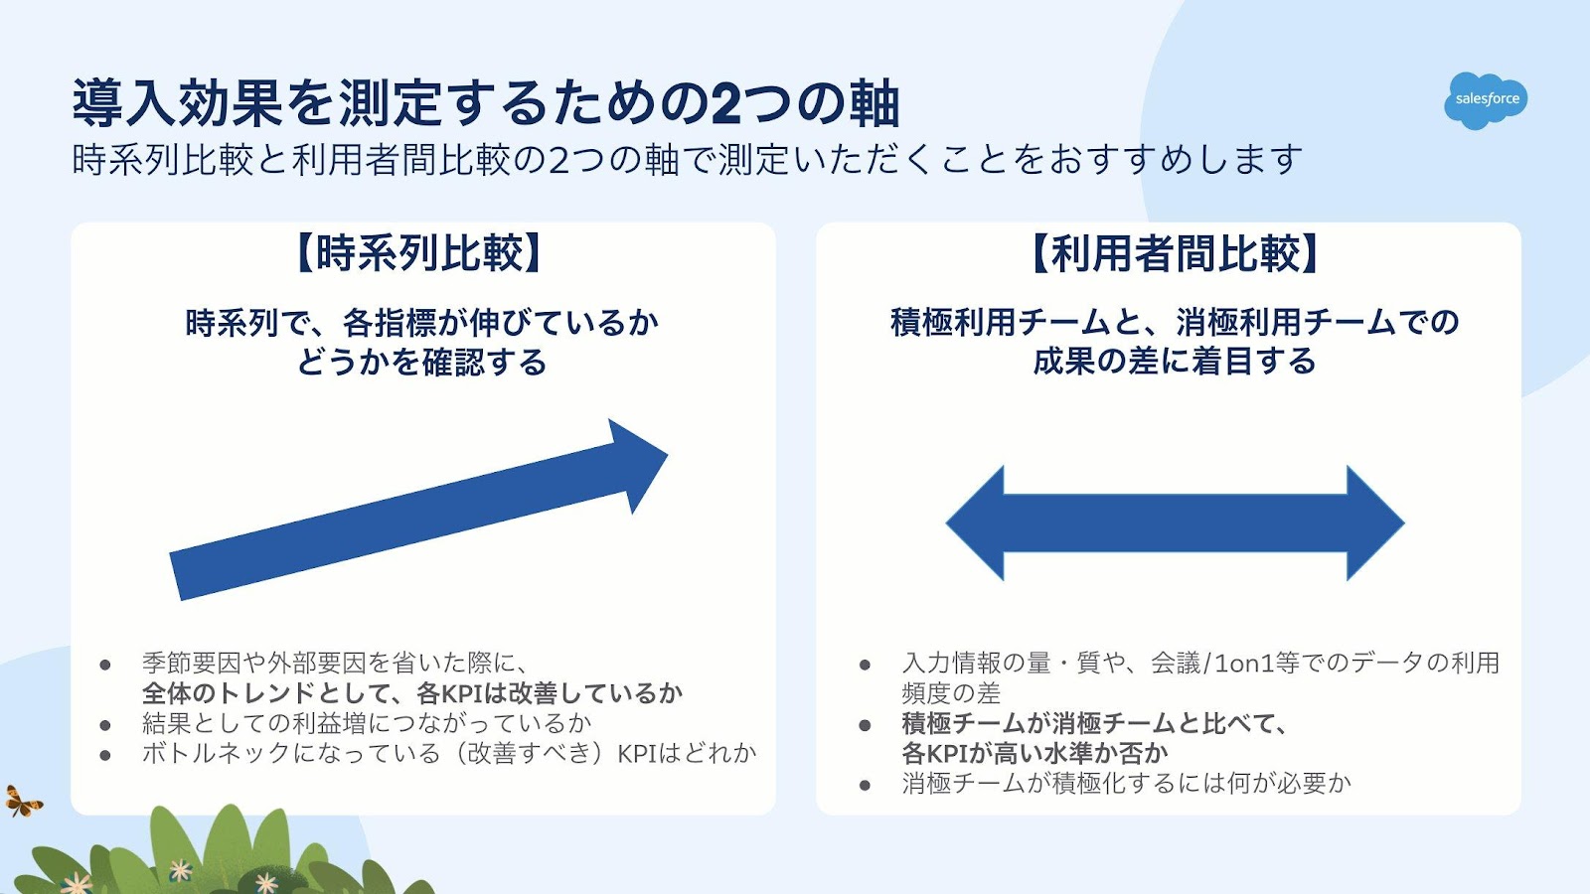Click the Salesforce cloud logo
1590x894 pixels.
tap(1486, 99)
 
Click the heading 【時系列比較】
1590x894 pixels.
tap(420, 253)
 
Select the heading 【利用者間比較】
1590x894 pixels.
tap(1174, 253)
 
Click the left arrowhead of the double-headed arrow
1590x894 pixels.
tap(969, 522)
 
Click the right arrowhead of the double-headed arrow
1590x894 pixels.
tap(1381, 522)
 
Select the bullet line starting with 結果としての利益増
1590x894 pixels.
tap(367, 723)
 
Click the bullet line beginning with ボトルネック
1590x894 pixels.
tap(448, 753)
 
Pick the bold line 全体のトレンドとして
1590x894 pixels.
tap(412, 692)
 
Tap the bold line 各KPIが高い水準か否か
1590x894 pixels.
tap(1034, 753)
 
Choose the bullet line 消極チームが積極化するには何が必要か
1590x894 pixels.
tap(1127, 783)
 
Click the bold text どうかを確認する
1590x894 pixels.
tap(421, 363)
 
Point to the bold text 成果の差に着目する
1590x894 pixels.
tap(1174, 362)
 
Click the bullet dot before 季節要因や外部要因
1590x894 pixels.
tap(105, 665)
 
